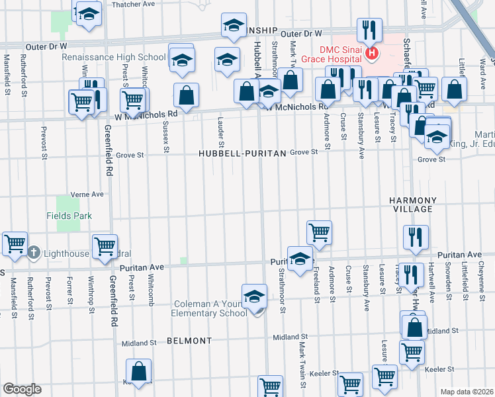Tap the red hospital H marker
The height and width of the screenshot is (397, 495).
[x=372, y=53]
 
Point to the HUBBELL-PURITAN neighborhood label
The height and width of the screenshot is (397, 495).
[x=242, y=154]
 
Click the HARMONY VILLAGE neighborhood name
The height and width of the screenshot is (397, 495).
[x=412, y=204]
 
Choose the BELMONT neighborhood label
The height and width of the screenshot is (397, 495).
[x=189, y=341]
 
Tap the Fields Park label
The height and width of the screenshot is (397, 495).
[x=69, y=216]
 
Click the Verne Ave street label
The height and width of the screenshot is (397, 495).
[x=88, y=195]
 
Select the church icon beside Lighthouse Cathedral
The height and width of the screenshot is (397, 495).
[x=34, y=253]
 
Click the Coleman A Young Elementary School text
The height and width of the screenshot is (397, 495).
[x=210, y=308]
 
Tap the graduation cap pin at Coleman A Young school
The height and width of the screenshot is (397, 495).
[x=254, y=297]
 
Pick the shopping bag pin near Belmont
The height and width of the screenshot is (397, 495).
[x=139, y=372]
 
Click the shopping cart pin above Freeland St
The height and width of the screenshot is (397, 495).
[x=319, y=233]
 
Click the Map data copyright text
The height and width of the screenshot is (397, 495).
[x=467, y=392]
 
